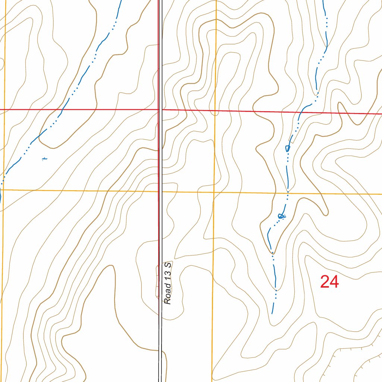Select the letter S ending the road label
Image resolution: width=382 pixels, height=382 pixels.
[169, 264]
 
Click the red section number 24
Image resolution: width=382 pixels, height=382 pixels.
[329, 282]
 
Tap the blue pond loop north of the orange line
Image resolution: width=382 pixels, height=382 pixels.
[288, 148]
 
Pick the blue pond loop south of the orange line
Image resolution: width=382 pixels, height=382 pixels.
[282, 216]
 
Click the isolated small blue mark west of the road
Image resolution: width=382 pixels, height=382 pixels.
[44, 159]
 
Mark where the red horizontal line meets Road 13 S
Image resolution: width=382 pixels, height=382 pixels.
[161, 110]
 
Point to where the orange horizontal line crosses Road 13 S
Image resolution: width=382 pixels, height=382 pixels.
[161, 192]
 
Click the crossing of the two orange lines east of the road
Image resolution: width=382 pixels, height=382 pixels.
[214, 192]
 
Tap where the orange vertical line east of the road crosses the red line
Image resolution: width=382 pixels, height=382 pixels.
[215, 111]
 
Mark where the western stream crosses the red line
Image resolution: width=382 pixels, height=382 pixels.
[61, 110]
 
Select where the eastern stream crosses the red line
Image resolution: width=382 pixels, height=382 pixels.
[301, 112]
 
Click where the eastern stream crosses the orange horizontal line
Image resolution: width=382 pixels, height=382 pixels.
[288, 193]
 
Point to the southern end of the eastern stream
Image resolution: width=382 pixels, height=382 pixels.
[272, 313]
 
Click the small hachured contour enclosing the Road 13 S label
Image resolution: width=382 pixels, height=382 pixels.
[157, 284]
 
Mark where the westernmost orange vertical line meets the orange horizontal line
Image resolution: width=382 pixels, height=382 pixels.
[3, 190]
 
